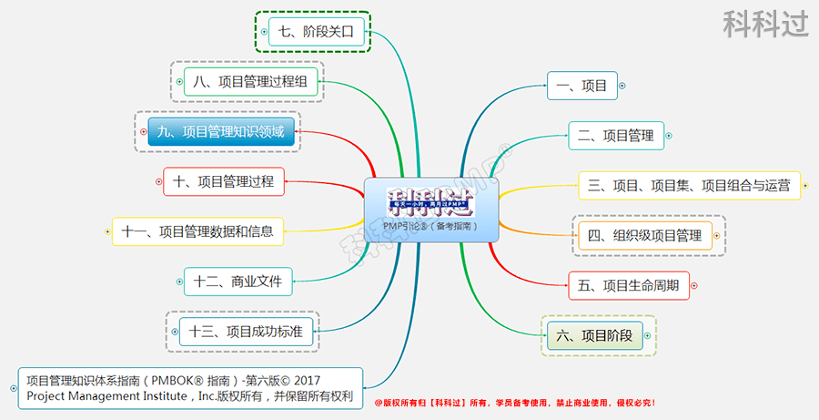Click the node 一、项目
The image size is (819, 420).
pyautogui.click(x=582, y=86)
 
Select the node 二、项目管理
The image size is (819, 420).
pyautogui.click(x=616, y=136)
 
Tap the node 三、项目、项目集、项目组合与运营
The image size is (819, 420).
pyautogui.click(x=689, y=185)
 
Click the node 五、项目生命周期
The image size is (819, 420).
pyautogui.click(x=628, y=284)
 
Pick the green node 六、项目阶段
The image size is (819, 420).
pyautogui.click(x=599, y=334)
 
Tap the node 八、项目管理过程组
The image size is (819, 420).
pyautogui.click(x=250, y=82)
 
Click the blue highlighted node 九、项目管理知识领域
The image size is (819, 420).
pyautogui.click(x=220, y=132)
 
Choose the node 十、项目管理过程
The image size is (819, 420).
pyautogui.click(x=223, y=181)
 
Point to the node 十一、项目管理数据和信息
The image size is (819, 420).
pyautogui.click(x=197, y=231)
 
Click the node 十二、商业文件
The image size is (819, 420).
pyautogui.click(x=238, y=281)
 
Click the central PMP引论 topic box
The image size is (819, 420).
pyautogui.click(x=431, y=210)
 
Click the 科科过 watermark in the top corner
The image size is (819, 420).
pyautogui.click(x=765, y=24)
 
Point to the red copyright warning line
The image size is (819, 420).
pyautogui.click(x=514, y=402)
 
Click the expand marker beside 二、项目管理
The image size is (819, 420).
pyautogui.click(x=670, y=136)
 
